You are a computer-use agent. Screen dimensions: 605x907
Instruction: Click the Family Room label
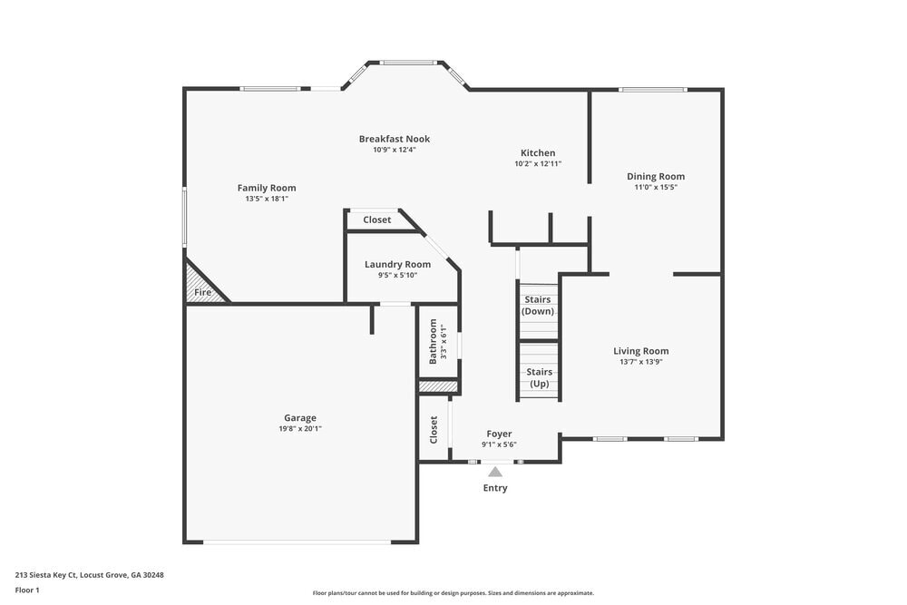[267, 188]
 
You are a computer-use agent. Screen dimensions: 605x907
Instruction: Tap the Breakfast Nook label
[394, 139]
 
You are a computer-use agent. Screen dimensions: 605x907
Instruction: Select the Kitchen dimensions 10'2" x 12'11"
[538, 164]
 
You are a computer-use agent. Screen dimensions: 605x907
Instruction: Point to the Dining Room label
[656, 176]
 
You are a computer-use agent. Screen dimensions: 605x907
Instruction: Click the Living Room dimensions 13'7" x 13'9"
[640, 362]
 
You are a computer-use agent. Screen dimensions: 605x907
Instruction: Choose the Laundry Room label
[397, 264]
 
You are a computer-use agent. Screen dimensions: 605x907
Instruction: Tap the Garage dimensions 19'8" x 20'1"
[300, 429]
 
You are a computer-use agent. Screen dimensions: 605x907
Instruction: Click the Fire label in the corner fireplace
[203, 292]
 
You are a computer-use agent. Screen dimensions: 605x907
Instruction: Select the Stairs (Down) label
[537, 305]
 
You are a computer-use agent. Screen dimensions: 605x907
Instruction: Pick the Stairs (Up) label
[539, 377]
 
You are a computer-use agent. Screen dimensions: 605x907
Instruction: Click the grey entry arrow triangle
[495, 472]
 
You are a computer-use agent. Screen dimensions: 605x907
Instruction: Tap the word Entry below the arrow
[495, 488]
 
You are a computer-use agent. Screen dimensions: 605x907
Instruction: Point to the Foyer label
[499, 434]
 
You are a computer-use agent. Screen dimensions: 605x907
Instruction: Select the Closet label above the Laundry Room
[377, 220]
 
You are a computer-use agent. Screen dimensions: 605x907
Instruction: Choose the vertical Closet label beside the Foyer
[434, 429]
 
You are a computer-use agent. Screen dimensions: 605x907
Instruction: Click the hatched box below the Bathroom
[437, 386]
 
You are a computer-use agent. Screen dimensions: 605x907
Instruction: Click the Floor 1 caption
[27, 590]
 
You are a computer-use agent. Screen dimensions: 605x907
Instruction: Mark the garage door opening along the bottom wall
[297, 542]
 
